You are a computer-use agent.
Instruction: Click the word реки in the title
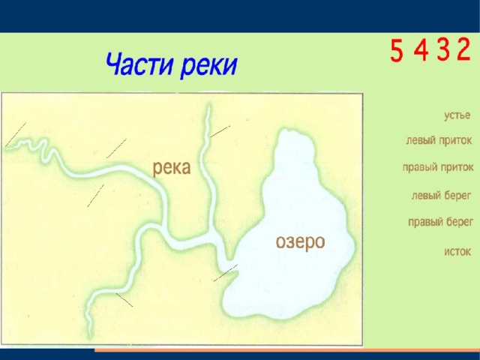(209, 66)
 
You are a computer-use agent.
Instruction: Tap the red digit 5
(397, 50)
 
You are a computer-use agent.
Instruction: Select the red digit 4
(421, 50)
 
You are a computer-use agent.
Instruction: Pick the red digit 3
(443, 50)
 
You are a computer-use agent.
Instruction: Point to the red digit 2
(463, 49)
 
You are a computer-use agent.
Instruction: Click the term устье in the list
(457, 115)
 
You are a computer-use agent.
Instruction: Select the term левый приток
(439, 140)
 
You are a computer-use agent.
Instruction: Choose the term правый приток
(438, 167)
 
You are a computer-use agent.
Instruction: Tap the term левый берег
(441, 195)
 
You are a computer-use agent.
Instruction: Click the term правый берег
(440, 222)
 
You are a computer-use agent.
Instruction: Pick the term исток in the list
(457, 252)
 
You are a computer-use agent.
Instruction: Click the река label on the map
(172, 168)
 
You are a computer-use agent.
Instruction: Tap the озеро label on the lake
(300, 242)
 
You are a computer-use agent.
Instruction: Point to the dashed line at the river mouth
(226, 272)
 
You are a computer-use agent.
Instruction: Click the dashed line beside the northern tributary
(220, 131)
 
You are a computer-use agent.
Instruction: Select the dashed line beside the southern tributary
(124, 300)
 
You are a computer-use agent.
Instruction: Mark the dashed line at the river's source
(16, 134)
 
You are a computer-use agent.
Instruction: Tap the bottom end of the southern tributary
(90, 337)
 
